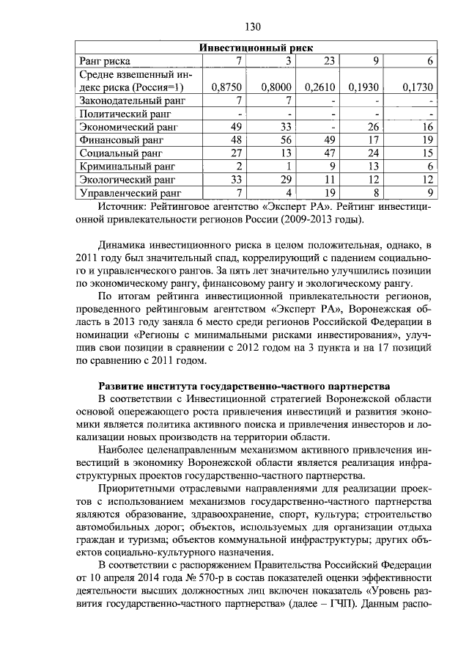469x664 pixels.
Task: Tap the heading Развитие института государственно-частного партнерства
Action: (245, 387)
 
